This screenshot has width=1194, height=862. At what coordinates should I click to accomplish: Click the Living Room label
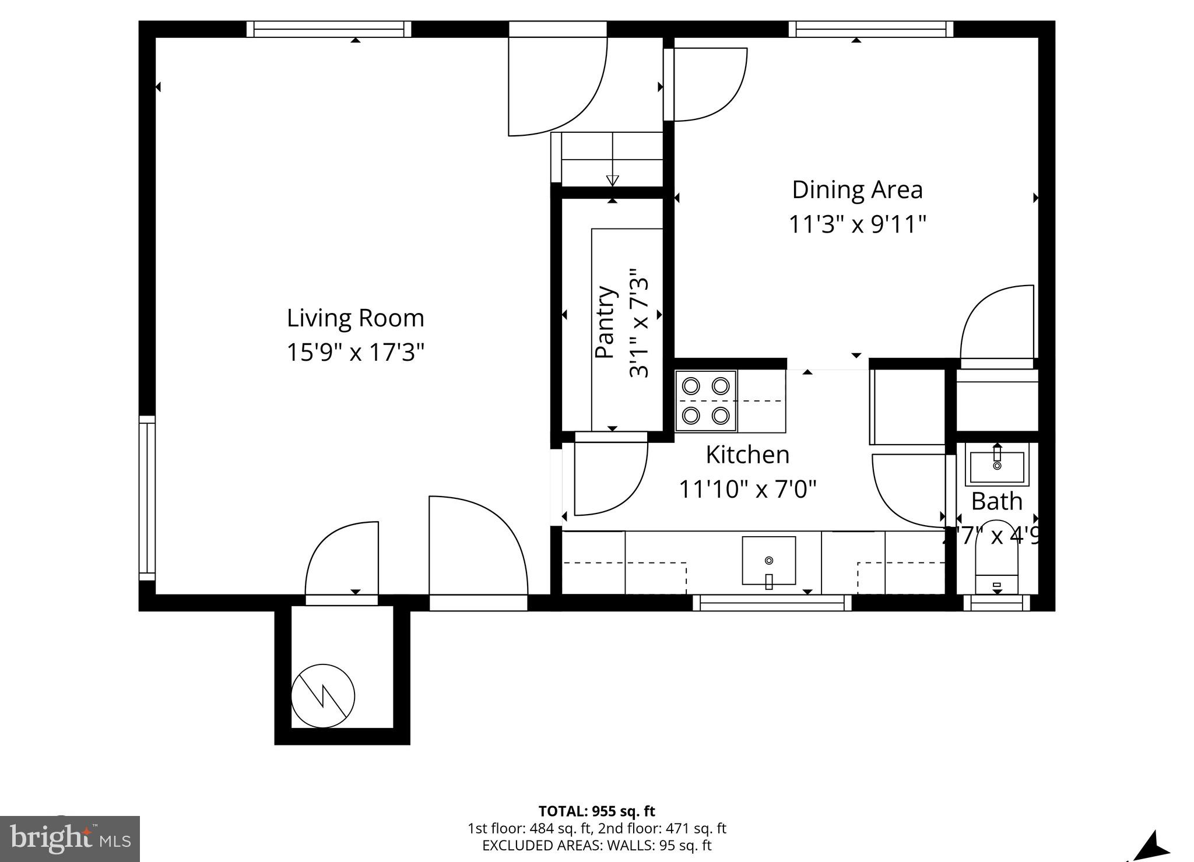355,318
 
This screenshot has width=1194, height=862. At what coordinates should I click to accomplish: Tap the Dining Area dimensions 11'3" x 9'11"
857,224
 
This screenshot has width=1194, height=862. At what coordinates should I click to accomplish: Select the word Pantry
605,322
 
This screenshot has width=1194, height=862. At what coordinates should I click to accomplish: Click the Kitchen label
747,455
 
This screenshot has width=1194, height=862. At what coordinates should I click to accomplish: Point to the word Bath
996,501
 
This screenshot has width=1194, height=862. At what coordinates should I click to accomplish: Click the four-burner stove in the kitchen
706,401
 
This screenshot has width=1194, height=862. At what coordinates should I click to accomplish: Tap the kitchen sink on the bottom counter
768,561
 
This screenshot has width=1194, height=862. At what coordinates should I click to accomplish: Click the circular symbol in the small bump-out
323,696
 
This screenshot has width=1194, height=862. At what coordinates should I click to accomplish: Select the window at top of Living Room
328,29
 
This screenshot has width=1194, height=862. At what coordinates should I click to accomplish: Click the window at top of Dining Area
871,29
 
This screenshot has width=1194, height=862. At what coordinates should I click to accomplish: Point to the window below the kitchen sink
772,603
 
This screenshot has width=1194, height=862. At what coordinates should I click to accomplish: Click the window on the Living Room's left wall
147,498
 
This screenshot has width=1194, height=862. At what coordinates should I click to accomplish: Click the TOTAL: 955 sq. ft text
596,811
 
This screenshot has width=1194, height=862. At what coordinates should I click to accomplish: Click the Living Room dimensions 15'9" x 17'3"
355,352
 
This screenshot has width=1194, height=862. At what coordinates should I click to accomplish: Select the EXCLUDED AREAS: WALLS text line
596,845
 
